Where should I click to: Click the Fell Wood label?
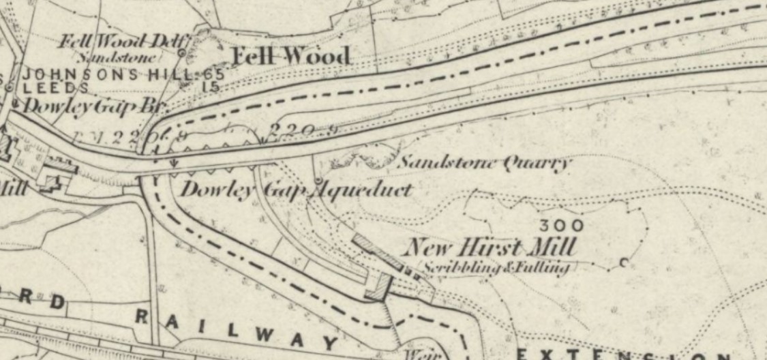[292, 57]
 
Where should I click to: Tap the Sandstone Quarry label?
[483, 163]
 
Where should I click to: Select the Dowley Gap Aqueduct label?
[296, 190]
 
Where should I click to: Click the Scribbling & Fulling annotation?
[496, 268]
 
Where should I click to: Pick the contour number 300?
[561, 225]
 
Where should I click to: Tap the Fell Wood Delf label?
[119, 40]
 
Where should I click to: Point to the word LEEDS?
[57, 89]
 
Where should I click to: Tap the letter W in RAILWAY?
[269, 335]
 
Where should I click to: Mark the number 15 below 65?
[211, 87]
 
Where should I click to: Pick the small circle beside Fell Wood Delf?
[182, 52]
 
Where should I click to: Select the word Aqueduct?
[363, 190]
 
